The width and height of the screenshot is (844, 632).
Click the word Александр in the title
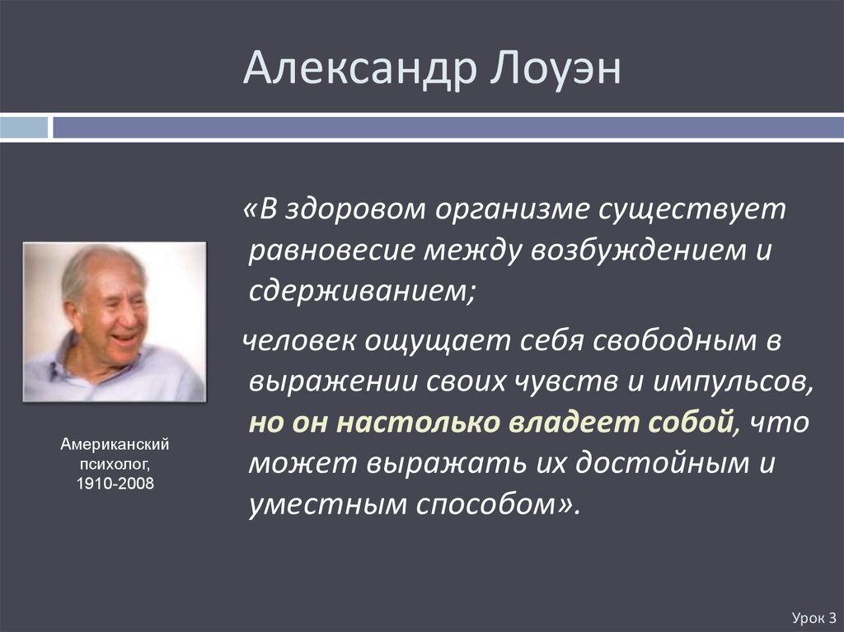point(360,68)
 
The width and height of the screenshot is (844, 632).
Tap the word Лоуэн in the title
point(556,68)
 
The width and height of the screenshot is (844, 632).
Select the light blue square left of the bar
point(24,128)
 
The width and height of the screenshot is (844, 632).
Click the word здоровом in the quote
point(355,209)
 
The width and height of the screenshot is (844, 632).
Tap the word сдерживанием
point(358,291)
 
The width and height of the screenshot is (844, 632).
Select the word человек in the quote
point(298,340)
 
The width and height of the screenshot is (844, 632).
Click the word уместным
point(327,504)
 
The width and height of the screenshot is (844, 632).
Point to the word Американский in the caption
point(115,444)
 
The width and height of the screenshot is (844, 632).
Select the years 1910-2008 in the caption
point(115,484)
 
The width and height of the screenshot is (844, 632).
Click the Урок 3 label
point(814,618)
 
